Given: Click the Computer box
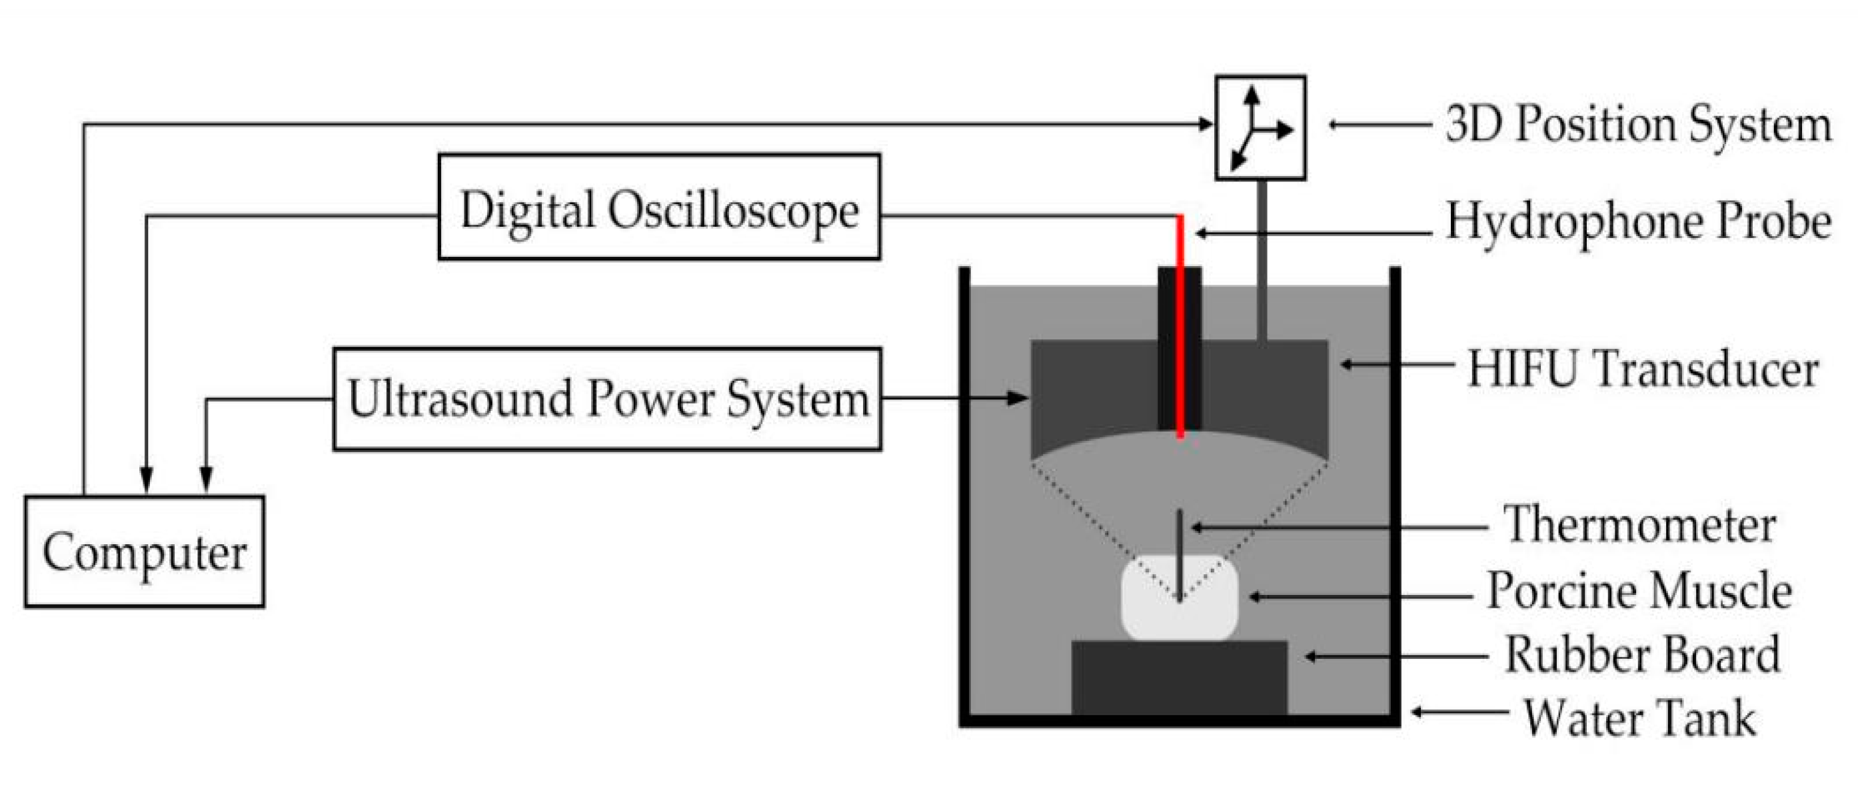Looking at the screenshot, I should (144, 552).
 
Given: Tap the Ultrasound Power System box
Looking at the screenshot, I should (606, 399).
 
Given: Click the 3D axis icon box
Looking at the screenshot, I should (1260, 127).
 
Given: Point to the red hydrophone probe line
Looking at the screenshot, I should (1180, 325).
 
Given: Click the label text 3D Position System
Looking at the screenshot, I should (1638, 125).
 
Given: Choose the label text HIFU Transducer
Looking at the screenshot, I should (1642, 369).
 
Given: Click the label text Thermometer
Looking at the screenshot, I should (1639, 525).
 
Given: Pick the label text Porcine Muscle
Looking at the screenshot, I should (1639, 591).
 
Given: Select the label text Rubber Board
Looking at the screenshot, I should (1642, 655).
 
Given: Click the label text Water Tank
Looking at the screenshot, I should (1639, 718).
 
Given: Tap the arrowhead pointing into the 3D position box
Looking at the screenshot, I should (1206, 124).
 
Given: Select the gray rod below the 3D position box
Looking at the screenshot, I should (1262, 259).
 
